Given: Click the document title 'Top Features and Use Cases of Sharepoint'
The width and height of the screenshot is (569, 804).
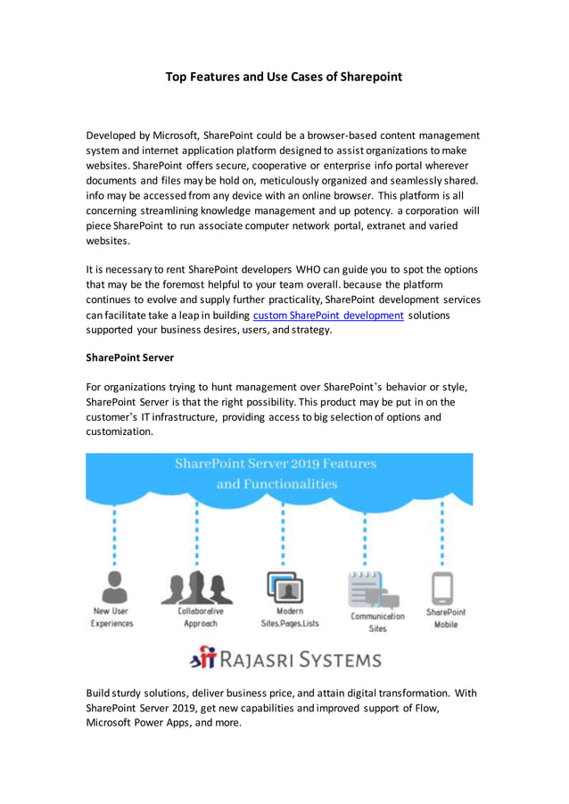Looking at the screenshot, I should pos(284,78).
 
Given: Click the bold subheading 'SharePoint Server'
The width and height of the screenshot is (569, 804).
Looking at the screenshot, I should pos(129,358).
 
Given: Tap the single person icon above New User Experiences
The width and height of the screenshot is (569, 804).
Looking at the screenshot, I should pos(113,587).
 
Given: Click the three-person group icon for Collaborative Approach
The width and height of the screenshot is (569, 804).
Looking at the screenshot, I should pos(196,587).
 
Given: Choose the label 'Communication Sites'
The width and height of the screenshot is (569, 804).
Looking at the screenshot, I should pos(377,622).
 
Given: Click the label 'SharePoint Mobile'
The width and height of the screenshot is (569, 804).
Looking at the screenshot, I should pos(445,618).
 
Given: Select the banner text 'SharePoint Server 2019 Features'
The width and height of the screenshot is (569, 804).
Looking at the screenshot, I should pos(276,464).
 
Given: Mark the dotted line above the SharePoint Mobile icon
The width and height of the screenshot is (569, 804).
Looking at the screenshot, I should pos(443,535).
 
